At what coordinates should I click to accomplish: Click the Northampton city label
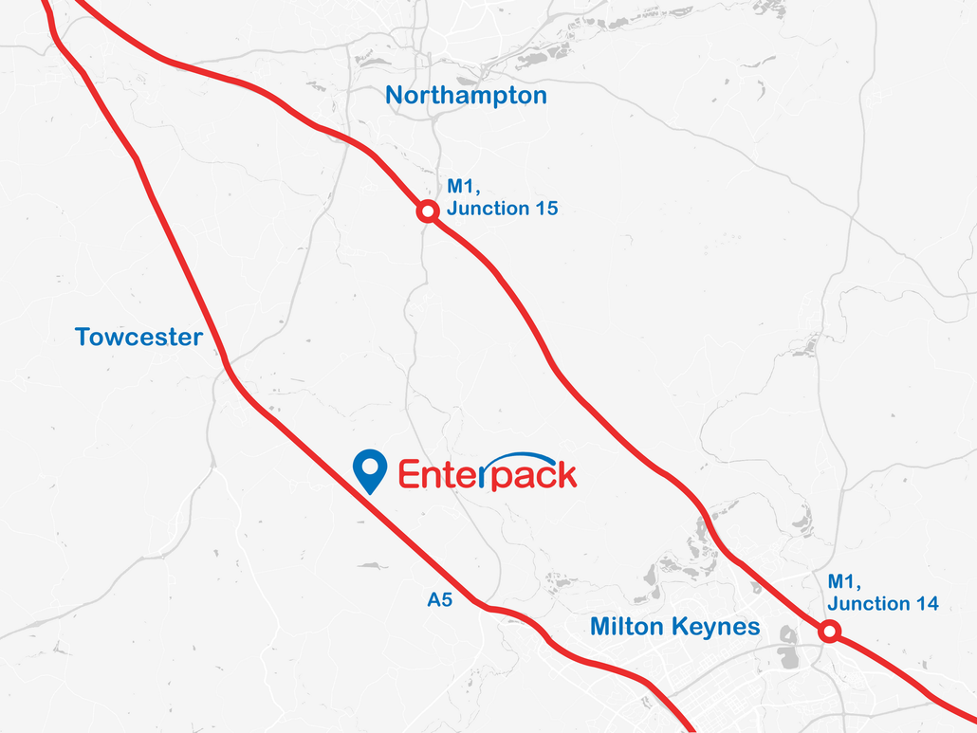point(466,96)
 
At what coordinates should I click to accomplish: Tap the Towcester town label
point(138,338)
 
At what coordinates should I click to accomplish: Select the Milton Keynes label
point(674,627)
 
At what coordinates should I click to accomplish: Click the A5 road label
point(439,599)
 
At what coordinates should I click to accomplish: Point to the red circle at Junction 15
point(428,211)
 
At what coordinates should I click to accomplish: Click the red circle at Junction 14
point(829,631)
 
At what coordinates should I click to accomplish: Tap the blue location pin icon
point(369,470)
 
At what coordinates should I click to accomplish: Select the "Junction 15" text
point(502,209)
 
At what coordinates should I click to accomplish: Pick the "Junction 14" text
point(883,603)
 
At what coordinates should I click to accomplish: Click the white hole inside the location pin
point(369,465)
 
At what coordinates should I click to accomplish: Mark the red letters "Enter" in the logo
point(439,473)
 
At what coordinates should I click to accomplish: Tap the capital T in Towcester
point(83,338)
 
